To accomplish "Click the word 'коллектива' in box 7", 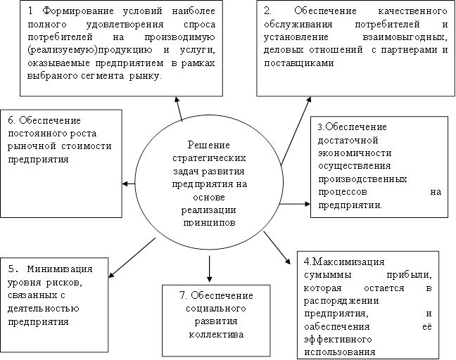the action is pyautogui.click(x=216, y=335).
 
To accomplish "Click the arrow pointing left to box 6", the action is pyautogui.click(x=129, y=184).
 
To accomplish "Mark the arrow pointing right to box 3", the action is pyautogui.click(x=295, y=205).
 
